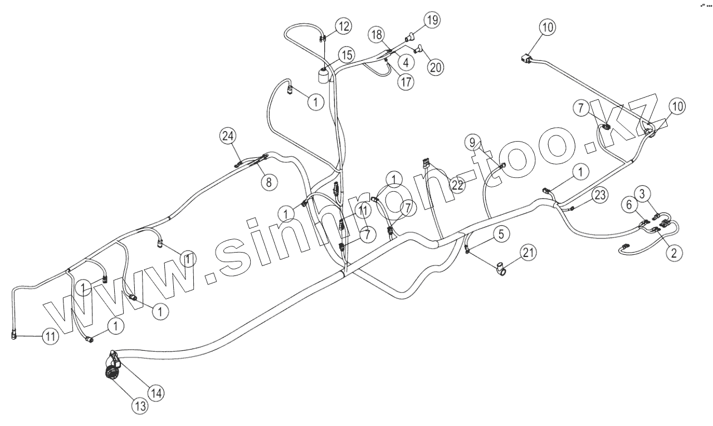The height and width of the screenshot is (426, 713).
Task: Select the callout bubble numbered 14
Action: click(x=156, y=393)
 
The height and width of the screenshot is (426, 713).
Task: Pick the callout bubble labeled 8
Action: click(x=270, y=182)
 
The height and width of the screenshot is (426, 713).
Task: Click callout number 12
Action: click(x=344, y=26)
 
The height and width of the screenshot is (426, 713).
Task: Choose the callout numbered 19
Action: click(x=432, y=20)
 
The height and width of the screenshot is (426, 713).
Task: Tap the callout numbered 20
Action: click(x=436, y=66)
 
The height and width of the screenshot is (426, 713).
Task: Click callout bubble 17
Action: click(x=406, y=81)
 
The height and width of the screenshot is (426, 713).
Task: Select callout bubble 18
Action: click(x=377, y=35)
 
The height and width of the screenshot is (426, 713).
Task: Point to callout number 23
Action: click(x=599, y=195)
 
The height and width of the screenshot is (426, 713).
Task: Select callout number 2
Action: click(x=674, y=253)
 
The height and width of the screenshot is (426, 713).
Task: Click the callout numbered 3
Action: click(x=643, y=194)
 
